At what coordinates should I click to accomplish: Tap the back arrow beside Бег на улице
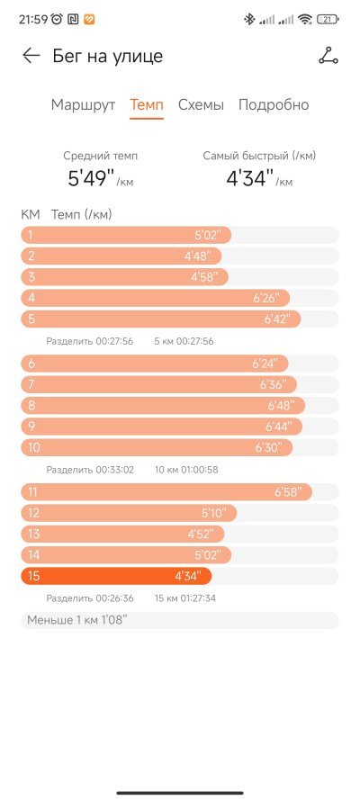31,56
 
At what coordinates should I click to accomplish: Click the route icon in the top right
328,56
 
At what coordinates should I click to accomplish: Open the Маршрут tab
83,105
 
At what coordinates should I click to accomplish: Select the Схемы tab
201,105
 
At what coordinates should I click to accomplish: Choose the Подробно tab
274,105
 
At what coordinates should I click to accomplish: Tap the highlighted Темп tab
147,105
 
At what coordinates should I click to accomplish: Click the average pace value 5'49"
90,178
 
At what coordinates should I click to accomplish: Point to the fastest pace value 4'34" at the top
249,178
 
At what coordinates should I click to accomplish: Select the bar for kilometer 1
126,235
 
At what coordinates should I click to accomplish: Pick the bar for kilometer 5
160,319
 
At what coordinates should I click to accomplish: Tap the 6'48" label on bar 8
282,406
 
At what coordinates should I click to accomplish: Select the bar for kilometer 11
166,492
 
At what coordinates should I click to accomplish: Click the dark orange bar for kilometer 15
116,576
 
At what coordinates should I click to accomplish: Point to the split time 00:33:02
114,470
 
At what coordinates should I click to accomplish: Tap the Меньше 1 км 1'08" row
179,620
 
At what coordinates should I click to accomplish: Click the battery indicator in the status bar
328,20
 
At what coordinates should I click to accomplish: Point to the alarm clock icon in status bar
57,20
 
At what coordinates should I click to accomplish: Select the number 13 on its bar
33,535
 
